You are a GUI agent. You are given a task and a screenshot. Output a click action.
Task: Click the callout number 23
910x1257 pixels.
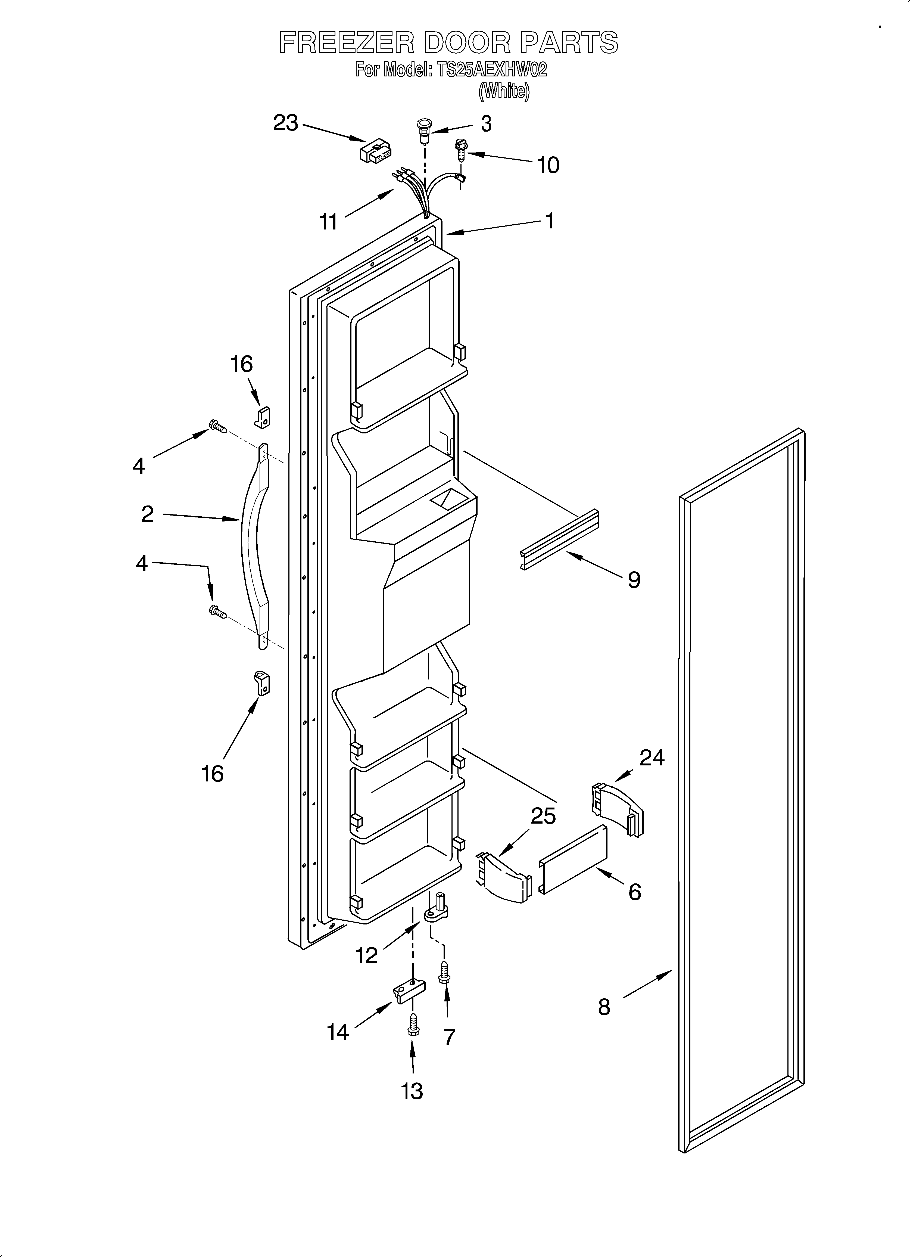[285, 123]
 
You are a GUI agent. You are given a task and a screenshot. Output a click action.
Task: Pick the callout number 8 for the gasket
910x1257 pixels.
[604, 1007]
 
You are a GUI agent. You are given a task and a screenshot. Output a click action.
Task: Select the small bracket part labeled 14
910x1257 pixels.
[410, 991]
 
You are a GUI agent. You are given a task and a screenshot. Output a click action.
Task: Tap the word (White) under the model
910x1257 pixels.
[504, 91]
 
